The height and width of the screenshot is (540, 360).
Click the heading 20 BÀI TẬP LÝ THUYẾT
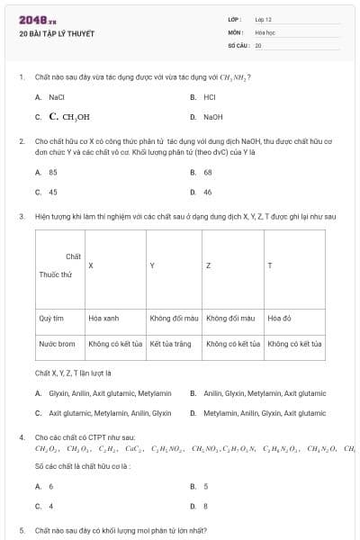[56, 34]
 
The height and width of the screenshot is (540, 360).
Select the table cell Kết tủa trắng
[171, 344]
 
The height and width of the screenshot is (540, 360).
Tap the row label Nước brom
[57, 344]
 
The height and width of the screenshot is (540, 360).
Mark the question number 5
[22, 531]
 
